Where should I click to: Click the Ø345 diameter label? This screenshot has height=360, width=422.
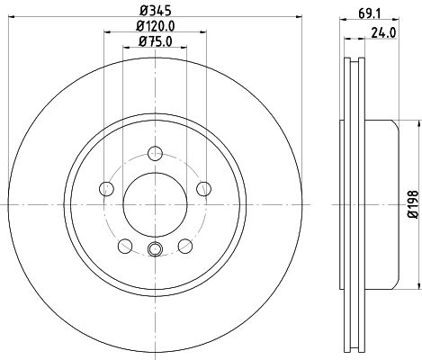coord(155,11)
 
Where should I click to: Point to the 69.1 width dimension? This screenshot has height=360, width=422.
coord(366,13)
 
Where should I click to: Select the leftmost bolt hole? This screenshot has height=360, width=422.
coord(107,187)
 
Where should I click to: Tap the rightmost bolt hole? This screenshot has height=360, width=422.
coord(203,187)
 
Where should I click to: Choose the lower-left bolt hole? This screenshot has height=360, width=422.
coord(125,244)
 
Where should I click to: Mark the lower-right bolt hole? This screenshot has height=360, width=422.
coord(185,244)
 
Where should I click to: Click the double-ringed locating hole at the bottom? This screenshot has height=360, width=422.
coord(155,251)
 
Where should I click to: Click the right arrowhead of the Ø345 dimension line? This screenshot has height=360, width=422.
coord(292,20)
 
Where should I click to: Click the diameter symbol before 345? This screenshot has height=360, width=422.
coord(143,11)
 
